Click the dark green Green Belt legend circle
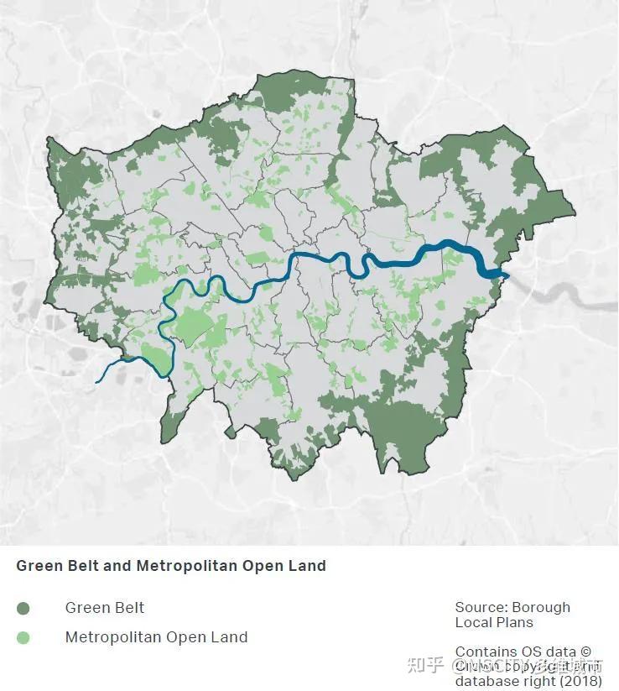(x=23, y=608)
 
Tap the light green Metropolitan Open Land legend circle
(x=23, y=637)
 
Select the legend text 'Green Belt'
(x=105, y=608)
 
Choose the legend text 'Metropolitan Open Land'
(x=156, y=637)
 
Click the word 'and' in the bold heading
(x=117, y=566)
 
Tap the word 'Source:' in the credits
(x=481, y=607)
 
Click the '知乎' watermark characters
(x=424, y=666)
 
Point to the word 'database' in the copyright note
(x=489, y=681)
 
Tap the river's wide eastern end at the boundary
(x=502, y=274)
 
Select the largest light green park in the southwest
(x=192, y=326)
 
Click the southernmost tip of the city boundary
(x=292, y=479)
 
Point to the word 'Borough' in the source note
(x=541, y=607)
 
